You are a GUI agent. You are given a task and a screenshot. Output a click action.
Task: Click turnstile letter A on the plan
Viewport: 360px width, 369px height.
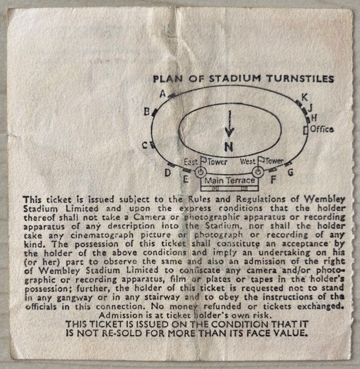pos(162,93)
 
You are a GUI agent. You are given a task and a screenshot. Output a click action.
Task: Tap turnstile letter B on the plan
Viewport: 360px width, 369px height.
pos(146,111)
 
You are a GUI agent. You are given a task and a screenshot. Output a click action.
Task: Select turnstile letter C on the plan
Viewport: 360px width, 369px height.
pos(145,145)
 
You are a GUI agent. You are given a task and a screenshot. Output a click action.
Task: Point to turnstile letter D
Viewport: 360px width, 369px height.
pos(167,173)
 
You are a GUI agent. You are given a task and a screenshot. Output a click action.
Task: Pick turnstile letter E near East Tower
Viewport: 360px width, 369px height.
pos(186,180)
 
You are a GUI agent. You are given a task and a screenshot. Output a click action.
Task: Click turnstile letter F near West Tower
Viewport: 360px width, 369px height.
pos(273,180)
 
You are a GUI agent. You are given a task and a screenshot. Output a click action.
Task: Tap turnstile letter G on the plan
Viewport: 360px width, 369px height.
pos(291,172)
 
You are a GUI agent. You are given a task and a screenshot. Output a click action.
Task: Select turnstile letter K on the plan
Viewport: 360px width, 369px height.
pos(305,97)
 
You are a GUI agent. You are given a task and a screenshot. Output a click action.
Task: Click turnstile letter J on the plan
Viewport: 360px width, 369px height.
pos(310,108)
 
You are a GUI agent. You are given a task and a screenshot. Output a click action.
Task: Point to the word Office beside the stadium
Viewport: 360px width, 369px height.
pos(322,129)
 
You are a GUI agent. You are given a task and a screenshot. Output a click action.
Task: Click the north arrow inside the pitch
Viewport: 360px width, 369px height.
pos(230,124)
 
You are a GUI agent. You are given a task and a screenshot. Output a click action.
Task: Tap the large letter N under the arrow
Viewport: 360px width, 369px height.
pos(229,146)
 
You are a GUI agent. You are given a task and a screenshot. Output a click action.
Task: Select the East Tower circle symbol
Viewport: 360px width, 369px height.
pos(201,172)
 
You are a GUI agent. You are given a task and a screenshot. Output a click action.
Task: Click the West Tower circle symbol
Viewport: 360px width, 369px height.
pos(258,172)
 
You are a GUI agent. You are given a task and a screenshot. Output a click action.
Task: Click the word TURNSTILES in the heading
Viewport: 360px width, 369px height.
pos(300,79)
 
